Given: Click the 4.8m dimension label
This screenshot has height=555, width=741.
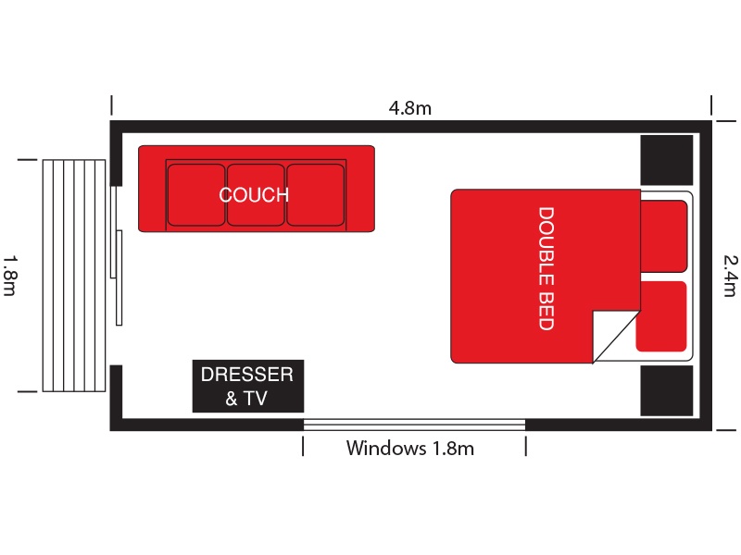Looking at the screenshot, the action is tap(409, 108).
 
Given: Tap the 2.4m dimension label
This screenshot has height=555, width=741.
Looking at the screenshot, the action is tap(730, 276).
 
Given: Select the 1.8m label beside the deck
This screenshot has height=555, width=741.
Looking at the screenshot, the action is tap(10, 276).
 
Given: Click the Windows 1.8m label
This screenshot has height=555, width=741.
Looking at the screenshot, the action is tap(409, 448).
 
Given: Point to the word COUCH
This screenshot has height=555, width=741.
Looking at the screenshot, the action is tap(254, 195).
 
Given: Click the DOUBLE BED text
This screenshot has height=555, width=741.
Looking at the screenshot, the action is tap(546, 268).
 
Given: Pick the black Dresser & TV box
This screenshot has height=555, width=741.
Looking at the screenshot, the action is tap(248, 386).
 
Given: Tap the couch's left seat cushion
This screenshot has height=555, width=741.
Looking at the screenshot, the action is tap(196, 195).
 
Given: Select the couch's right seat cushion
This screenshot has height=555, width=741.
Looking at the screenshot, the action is tap(315, 195).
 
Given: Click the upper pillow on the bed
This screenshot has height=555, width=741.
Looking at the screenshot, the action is tap(663, 236).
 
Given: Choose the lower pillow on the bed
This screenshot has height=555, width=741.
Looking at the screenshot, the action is tap(662, 316).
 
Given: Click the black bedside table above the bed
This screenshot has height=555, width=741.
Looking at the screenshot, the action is tap(667, 160).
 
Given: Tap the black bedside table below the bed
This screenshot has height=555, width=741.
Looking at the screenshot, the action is tap(667, 390).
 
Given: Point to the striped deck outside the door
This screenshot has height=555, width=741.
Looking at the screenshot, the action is tap(74, 276).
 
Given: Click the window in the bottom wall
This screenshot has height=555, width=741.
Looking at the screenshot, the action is tap(414, 425).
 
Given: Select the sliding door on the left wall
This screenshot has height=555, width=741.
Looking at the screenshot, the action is tap(117, 256).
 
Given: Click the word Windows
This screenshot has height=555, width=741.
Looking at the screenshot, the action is tap(386, 448).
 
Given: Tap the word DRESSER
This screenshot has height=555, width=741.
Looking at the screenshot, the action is tap(247, 375).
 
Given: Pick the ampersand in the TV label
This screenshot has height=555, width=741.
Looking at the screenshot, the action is tap(231, 399).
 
